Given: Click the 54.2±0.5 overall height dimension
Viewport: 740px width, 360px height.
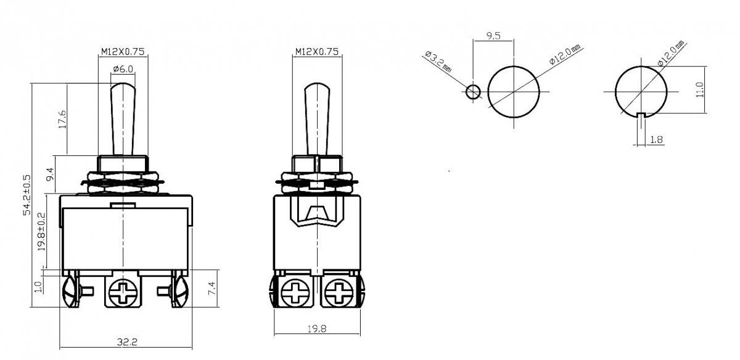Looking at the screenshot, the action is (x=27, y=195).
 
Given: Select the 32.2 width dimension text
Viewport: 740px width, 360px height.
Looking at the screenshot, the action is (x=127, y=342).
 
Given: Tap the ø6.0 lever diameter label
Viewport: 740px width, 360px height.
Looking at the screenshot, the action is (x=123, y=68).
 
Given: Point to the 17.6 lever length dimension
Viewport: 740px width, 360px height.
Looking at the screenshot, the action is (x=62, y=119).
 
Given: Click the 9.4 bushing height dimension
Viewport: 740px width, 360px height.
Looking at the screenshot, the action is (x=50, y=174).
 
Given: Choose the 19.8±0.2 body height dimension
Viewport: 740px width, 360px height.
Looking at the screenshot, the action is (x=42, y=232).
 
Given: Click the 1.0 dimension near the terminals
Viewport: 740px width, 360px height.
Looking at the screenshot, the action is (x=39, y=287).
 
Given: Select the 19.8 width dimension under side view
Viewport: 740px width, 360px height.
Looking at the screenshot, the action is (x=317, y=329).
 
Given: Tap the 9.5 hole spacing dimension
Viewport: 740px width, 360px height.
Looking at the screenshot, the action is (x=493, y=36).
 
